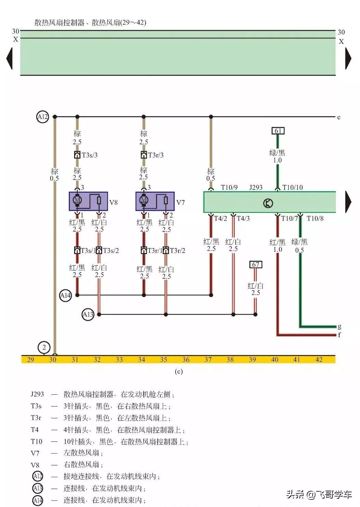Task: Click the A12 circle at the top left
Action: (42, 117)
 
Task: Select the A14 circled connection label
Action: (65, 295)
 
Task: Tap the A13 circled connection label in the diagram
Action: (88, 314)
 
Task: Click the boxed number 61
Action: (278, 131)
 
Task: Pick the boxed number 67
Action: (256, 264)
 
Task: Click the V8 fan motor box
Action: (88, 201)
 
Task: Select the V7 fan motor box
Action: (155, 201)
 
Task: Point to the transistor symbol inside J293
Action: (268, 203)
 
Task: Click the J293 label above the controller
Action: (256, 187)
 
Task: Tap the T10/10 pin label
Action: (293, 187)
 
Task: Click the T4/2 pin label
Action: (221, 219)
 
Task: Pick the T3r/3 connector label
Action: (156, 155)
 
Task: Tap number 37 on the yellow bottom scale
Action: (208, 360)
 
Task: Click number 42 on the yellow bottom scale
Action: (319, 360)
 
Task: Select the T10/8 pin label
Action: (315, 219)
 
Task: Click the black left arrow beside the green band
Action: (9, 58)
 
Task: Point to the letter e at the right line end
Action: (339, 117)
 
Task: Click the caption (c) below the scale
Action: (178, 372)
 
